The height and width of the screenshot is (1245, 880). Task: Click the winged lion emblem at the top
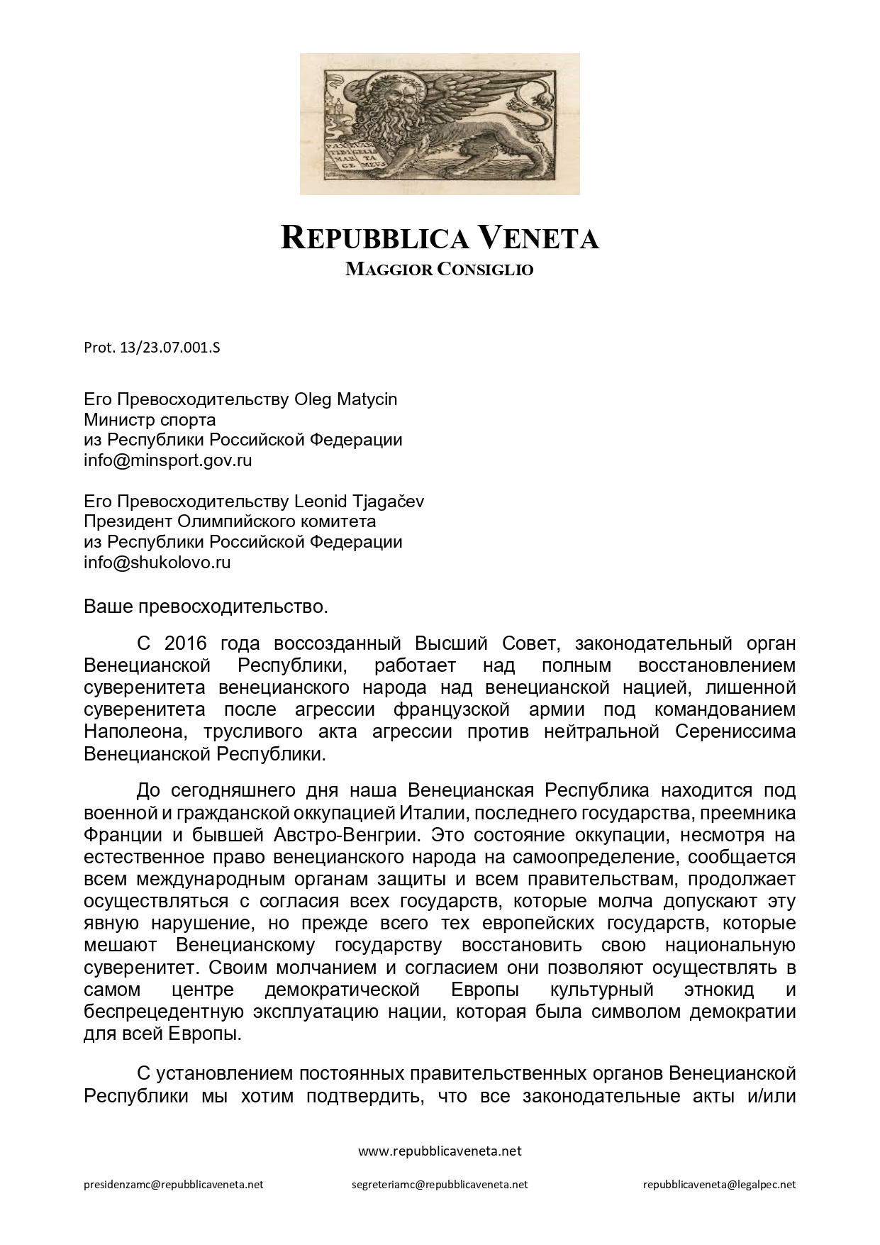(440, 123)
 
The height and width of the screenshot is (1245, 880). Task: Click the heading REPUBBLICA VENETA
(440, 238)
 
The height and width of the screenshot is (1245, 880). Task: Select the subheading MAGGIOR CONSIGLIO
(440, 270)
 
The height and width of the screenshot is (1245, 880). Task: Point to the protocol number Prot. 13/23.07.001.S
(152, 348)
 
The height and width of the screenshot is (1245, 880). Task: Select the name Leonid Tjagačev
(359, 502)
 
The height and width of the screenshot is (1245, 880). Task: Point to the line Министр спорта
(150, 420)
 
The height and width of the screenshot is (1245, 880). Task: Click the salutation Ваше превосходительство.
(206, 607)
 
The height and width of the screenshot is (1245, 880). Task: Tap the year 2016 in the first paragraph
(185, 644)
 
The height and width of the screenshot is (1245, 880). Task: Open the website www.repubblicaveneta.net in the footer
(440, 1151)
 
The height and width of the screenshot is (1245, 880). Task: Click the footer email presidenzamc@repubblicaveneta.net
(174, 1185)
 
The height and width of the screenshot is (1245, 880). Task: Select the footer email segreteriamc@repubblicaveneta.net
(440, 1185)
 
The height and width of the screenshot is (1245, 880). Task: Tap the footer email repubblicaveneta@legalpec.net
(719, 1185)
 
